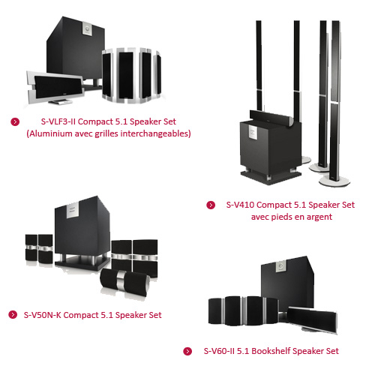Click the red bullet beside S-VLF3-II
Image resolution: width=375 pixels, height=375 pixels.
15,121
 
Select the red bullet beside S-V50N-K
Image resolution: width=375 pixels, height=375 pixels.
13,314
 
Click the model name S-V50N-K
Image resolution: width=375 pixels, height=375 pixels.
47,314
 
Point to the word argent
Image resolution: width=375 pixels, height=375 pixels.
317,217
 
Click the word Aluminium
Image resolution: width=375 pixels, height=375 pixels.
51,134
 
